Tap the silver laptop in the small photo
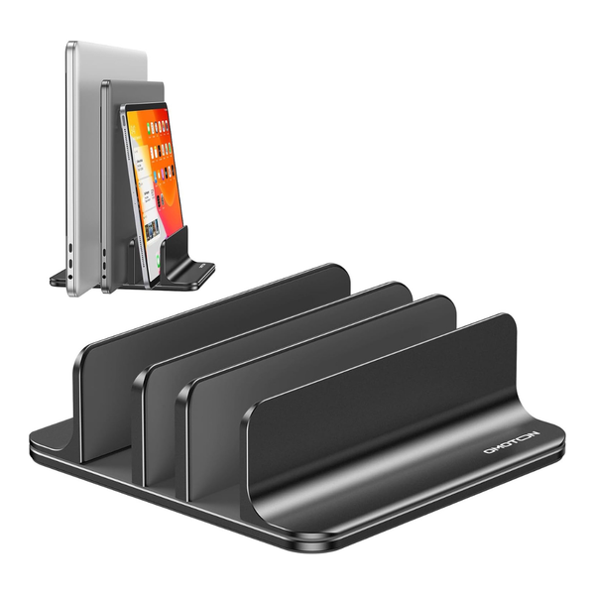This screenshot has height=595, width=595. click(84, 149)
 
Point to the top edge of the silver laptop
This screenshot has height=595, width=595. click(106, 44)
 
